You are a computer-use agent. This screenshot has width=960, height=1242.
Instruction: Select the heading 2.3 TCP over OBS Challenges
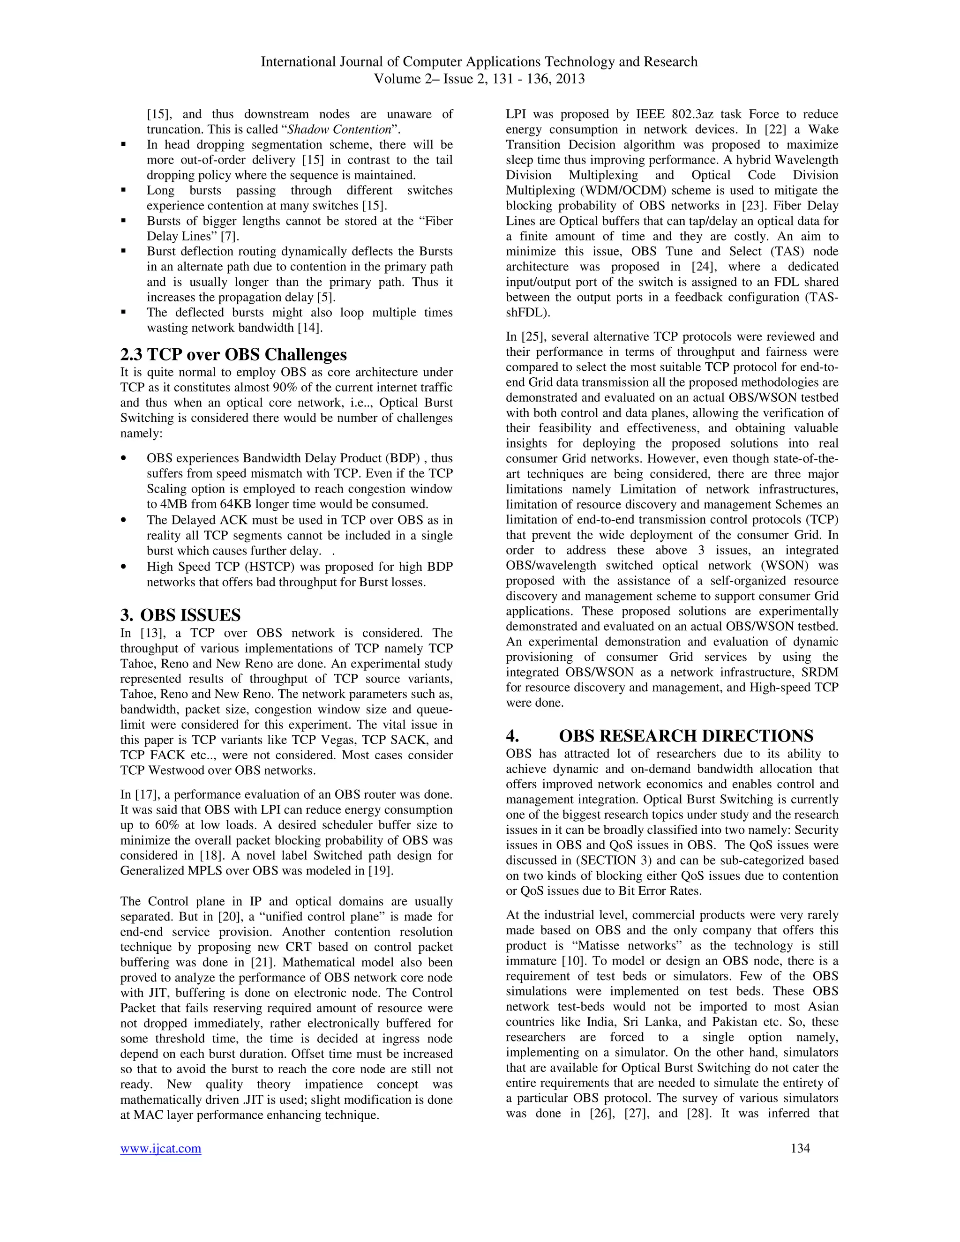[x=233, y=355]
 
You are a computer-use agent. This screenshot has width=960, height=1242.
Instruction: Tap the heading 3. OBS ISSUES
[x=180, y=615]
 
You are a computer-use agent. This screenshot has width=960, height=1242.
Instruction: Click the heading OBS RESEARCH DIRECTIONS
[x=686, y=736]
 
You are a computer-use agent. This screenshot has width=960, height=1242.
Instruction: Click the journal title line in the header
[x=479, y=62]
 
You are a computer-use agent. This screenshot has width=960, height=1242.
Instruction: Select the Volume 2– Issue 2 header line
[x=479, y=78]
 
